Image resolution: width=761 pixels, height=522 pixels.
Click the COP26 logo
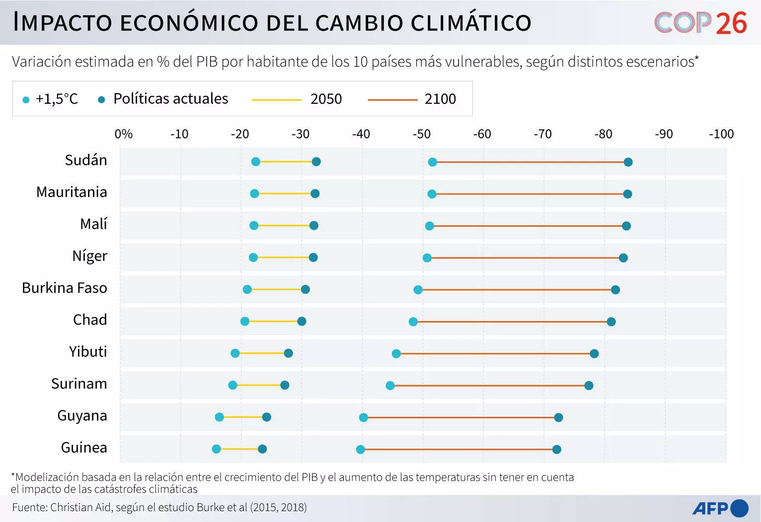700,23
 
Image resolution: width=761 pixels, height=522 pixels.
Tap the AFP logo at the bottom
720,508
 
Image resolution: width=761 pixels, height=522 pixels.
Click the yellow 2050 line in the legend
277,100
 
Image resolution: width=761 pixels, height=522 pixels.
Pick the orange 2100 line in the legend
392,100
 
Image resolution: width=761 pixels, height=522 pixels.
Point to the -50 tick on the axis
421,134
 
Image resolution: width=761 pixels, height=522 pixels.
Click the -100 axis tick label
721,134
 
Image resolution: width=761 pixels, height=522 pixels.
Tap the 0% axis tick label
123,134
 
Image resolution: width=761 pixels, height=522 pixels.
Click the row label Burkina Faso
65,288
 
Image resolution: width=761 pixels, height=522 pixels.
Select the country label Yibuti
88,352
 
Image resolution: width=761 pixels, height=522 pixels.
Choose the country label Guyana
82,416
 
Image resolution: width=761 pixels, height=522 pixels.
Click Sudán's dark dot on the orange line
628,162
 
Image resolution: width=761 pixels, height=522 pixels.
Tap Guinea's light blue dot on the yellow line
217,449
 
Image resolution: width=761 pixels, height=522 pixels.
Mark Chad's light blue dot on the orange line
413,322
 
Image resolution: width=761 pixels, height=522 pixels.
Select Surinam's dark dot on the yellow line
285,385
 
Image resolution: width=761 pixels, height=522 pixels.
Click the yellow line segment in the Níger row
283,258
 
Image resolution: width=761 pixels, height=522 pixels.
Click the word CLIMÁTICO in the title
471,23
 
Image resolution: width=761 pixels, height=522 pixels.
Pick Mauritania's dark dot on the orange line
627,194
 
